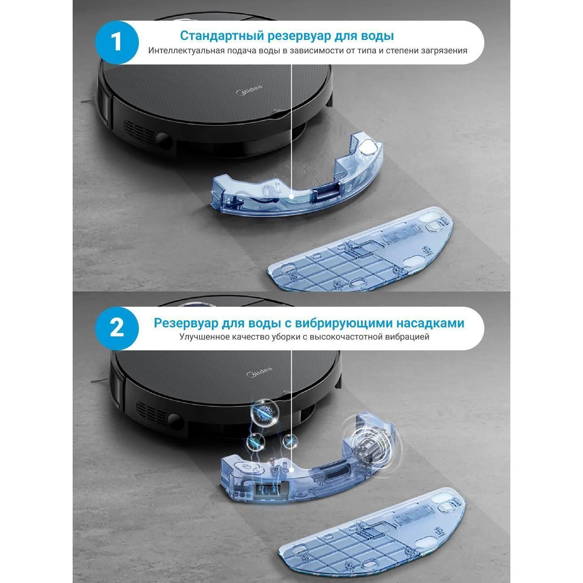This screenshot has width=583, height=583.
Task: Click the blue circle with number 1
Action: point(117,42)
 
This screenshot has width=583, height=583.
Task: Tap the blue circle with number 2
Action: point(117,329)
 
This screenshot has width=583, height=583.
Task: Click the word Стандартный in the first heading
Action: point(222,36)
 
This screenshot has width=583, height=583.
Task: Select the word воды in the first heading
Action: point(377,36)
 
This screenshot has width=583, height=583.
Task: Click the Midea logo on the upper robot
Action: point(249,90)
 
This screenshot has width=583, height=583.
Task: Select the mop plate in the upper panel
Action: point(360,249)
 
